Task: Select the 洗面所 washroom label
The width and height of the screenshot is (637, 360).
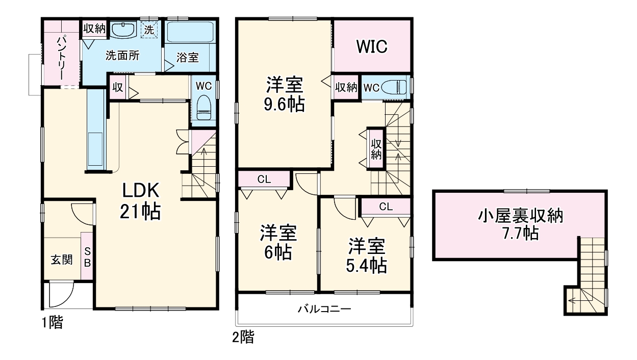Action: point(122,56)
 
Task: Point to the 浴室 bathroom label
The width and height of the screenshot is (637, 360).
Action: point(187,58)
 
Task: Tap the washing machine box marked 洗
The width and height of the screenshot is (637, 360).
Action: point(148,30)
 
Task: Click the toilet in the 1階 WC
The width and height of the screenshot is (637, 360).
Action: point(204,108)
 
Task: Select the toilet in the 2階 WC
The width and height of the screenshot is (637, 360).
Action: point(396,87)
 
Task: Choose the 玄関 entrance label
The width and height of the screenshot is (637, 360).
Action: point(61,260)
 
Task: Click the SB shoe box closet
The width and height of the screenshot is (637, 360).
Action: point(87,257)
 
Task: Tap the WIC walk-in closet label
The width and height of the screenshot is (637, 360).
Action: point(372,46)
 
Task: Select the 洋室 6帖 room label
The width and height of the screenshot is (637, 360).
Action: point(278,242)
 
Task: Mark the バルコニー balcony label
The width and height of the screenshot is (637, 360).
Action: point(324,308)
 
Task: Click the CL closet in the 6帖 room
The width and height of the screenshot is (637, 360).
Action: point(264,179)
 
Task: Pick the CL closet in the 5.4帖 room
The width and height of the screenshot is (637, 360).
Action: point(386,207)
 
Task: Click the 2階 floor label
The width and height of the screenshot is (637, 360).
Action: point(243,337)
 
